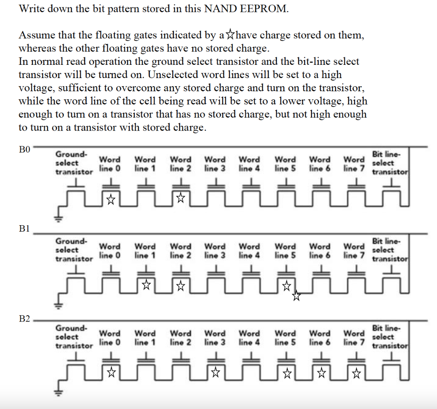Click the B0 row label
pos(25,150)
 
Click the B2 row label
pos(25,319)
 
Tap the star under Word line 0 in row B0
pos(111,199)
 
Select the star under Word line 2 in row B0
pos(181,198)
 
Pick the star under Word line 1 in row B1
pos(146,284)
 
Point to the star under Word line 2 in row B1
pos(181,284)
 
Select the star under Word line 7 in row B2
pos(356,374)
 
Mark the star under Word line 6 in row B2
pos(321,374)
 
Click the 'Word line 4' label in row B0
pos(250,163)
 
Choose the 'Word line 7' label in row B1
pos(354,251)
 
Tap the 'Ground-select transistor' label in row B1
pos(74,250)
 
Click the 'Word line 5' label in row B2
pos(285,337)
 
